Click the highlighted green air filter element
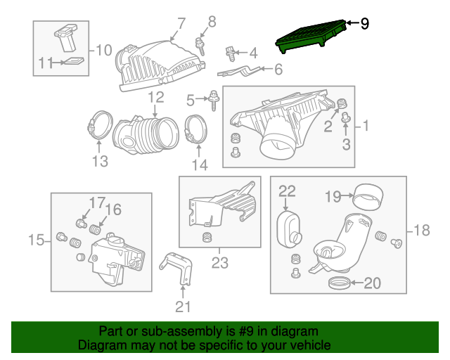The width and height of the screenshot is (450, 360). pyautogui.click(x=313, y=36)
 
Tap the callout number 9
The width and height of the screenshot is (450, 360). pyautogui.click(x=364, y=24)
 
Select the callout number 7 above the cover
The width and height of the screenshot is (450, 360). pyautogui.click(x=181, y=23)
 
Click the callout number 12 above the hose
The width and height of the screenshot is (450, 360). pyautogui.click(x=155, y=96)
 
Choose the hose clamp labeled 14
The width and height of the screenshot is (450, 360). pyautogui.click(x=196, y=130)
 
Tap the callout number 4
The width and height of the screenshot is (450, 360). pyautogui.click(x=253, y=51)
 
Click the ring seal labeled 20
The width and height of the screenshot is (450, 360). pyautogui.click(x=340, y=283)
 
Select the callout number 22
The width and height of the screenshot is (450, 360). pyautogui.click(x=287, y=190)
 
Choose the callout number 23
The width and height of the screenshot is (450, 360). pyautogui.click(x=220, y=264)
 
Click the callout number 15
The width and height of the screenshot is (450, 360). pyautogui.click(x=36, y=241)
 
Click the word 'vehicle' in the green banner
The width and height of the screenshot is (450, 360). pyautogui.click(x=309, y=346)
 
